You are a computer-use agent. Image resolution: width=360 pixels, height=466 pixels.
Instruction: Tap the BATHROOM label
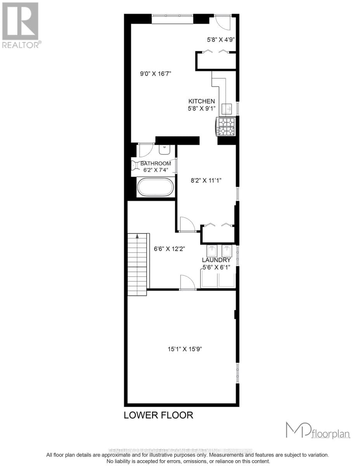(x=156, y=163)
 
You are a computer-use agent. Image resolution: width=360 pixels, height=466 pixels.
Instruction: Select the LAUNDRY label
(x=216, y=260)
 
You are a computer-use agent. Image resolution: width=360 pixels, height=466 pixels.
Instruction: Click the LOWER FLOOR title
(x=158, y=415)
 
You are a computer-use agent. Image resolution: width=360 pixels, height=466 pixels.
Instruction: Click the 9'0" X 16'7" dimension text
(x=156, y=73)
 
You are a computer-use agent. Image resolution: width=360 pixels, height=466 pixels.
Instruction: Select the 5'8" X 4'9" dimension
(x=221, y=39)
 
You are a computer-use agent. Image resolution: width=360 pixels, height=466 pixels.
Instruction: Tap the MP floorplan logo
(x=318, y=431)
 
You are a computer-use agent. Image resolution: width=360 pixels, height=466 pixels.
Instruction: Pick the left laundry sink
(x=212, y=250)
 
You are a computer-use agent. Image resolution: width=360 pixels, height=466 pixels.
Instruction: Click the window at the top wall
(x=172, y=16)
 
